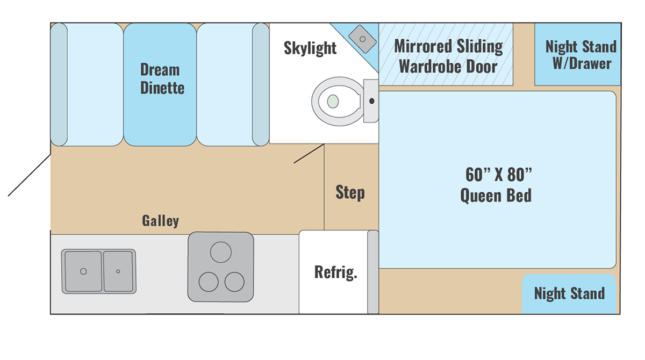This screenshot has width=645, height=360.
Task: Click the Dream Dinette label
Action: tap(162, 78)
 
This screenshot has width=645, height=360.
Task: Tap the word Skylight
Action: tap(310, 48)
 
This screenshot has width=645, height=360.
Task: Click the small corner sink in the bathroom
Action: tap(362, 39)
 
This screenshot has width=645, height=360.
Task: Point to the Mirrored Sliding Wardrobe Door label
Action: tap(448, 56)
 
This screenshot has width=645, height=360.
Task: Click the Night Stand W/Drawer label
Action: tap(581, 55)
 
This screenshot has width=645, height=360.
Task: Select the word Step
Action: tap(350, 192)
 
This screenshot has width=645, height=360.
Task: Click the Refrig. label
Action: tap(336, 272)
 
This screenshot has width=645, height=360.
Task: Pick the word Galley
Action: tap(160, 221)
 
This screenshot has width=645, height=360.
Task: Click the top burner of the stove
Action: tap(221, 252)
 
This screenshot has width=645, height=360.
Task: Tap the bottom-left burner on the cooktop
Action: tap(209, 282)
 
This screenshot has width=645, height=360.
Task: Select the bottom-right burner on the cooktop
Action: tap(234, 282)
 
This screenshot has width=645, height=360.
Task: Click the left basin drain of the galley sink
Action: tap(83, 271)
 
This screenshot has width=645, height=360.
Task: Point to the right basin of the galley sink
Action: tap(118, 271)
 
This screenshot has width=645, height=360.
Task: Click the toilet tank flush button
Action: tap(372, 101)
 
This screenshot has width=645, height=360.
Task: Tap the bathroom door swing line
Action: tap(309, 154)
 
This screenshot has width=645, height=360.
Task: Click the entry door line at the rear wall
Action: tap(30, 175)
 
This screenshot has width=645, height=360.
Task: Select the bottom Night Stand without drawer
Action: tap(569, 294)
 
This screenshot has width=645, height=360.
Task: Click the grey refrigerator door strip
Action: tap(373, 272)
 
